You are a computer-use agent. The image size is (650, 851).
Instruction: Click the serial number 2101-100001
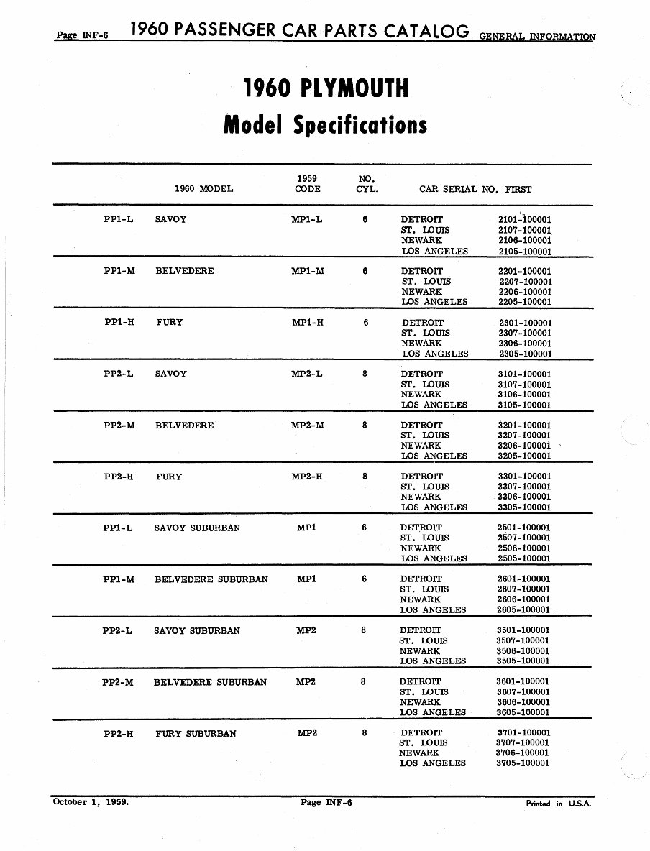pos(525,219)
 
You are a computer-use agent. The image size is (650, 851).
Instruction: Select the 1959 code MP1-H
pos(307,323)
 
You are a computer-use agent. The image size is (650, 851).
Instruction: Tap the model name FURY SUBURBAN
pos(196,734)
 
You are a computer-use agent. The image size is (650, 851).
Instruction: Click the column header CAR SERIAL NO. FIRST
pos(475,189)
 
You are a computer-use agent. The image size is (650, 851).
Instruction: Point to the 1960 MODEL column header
pos(204,189)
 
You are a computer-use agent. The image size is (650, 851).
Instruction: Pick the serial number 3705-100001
pos(523,763)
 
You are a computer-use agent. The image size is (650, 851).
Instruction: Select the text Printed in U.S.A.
pos(558,804)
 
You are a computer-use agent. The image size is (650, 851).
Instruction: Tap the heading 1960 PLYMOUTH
pos(326,89)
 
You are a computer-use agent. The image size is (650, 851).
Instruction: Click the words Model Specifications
pos(325,125)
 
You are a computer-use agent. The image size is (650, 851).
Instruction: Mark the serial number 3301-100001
pos(524,477)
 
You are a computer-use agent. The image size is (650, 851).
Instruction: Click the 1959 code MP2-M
pos(307,425)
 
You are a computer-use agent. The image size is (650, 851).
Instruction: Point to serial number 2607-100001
pos(523,589)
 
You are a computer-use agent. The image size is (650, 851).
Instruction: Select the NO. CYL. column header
pos(367,184)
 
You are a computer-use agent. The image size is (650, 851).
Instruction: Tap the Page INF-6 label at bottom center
pos(325,802)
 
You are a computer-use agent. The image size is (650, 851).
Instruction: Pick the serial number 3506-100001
pos(523,650)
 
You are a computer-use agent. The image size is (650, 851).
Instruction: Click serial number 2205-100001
pos(525,302)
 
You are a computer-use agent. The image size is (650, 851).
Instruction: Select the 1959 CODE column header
pos(307,184)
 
